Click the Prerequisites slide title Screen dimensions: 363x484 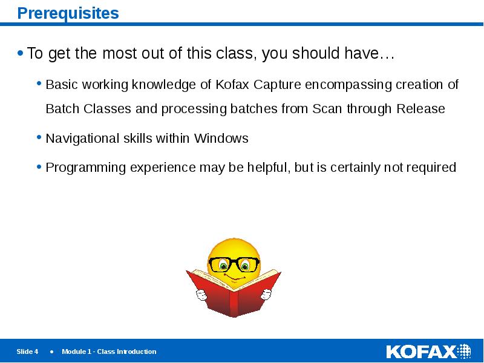pyautogui.click(x=68, y=13)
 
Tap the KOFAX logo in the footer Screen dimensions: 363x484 pyautogui.click(x=428, y=352)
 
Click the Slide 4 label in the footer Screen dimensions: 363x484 pyautogui.click(x=27, y=352)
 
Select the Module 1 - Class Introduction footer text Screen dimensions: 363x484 pyautogui.click(x=109, y=352)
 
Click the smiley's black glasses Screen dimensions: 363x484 pyautogui.click(x=234, y=264)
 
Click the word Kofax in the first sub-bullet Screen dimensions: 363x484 pyautogui.click(x=232, y=85)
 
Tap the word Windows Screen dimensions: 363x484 pyautogui.click(x=221, y=139)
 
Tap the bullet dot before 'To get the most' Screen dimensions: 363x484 pyautogui.click(x=21, y=54)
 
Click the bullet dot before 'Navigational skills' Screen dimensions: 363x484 pyautogui.click(x=39, y=137)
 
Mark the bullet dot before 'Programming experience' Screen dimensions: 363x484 pyautogui.click(x=39, y=166)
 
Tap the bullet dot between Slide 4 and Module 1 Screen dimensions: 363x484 pyautogui.click(x=51, y=352)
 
